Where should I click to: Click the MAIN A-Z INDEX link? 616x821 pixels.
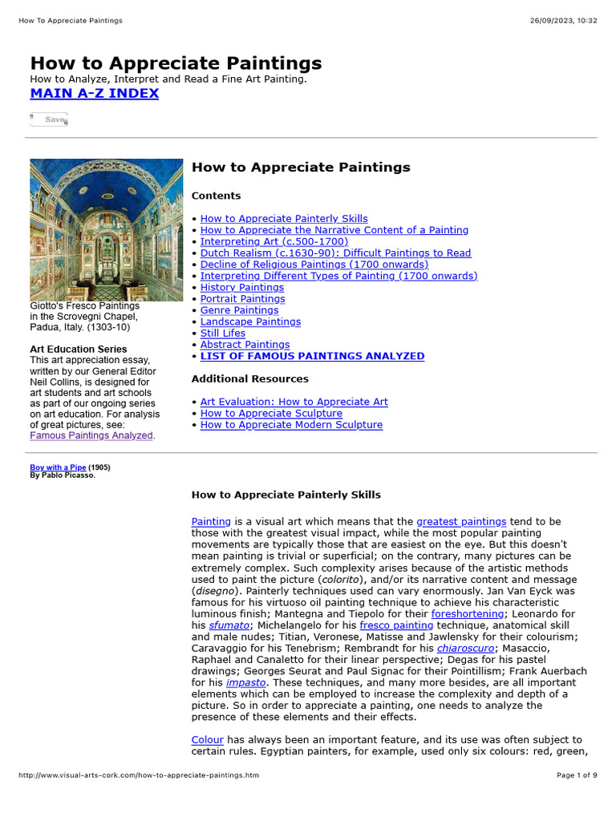(94, 93)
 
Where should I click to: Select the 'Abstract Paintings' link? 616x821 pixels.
(245, 345)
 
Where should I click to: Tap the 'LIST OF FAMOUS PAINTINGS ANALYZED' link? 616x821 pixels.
(312, 356)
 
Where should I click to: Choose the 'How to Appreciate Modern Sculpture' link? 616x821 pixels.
(291, 425)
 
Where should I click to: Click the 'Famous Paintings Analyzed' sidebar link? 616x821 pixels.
(91, 435)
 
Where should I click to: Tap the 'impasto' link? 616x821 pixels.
(245, 682)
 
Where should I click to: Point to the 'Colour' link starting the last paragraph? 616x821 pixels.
(207, 739)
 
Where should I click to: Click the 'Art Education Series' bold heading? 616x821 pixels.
(78, 349)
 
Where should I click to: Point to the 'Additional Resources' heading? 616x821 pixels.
(249, 378)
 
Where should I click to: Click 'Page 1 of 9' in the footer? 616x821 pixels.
(577, 775)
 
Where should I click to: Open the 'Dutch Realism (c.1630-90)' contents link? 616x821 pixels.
(335, 253)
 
